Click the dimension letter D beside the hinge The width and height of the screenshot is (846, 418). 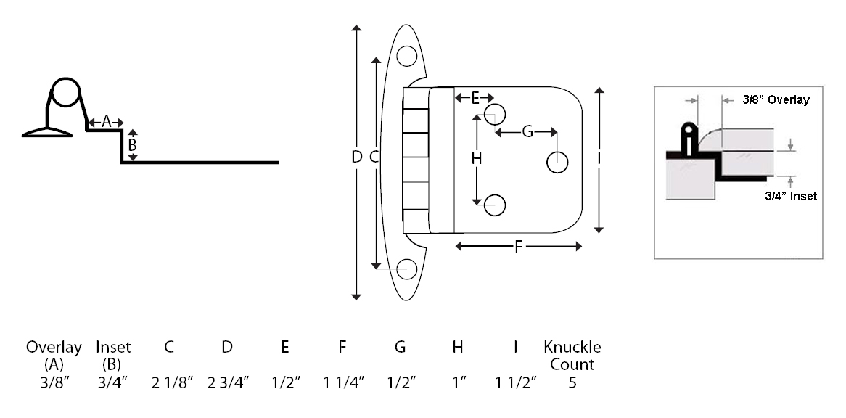click(356, 157)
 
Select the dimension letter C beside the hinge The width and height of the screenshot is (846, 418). click(374, 157)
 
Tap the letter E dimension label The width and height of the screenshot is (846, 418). click(475, 98)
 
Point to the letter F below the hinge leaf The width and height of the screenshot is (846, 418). click(518, 247)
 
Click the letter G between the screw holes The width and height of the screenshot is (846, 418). click(527, 131)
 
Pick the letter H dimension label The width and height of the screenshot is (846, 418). click(477, 159)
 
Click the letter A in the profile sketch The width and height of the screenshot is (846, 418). click(106, 122)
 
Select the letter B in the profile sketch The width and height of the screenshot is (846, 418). click(132, 146)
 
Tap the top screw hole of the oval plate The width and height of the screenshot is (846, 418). click(407, 56)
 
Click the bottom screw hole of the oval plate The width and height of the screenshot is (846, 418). click(407, 270)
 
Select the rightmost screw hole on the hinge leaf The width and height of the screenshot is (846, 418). click(557, 163)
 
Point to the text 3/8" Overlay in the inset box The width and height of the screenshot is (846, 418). click(776, 99)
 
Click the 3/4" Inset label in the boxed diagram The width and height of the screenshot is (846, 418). click(790, 197)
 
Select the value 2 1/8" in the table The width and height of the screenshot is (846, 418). click(172, 383)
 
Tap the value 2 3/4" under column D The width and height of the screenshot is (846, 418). click(229, 383)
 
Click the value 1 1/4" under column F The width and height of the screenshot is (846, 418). click(344, 383)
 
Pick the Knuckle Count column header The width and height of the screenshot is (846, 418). click(572, 356)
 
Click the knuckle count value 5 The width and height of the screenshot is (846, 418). click(572, 383)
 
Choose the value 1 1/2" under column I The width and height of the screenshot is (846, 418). click(517, 383)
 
